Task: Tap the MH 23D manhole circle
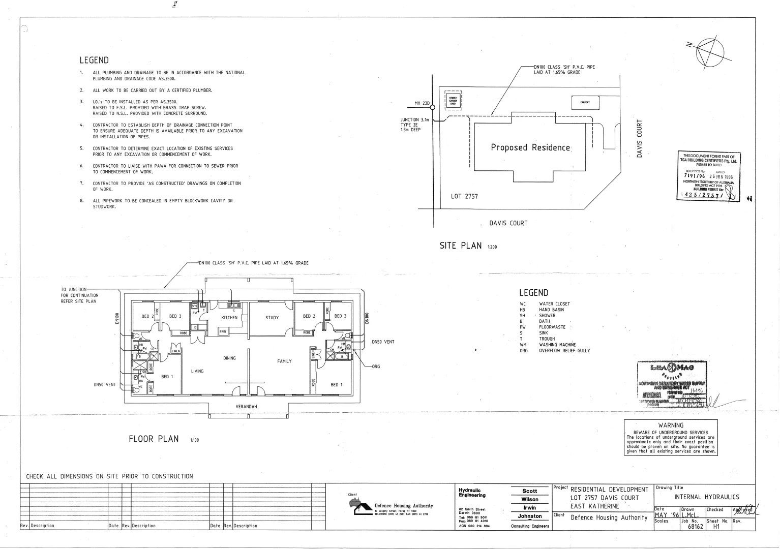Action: point(433,107)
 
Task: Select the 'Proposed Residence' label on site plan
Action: point(530,148)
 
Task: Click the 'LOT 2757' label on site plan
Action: point(464,196)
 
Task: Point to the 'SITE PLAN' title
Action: point(460,246)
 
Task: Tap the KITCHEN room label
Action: point(229,318)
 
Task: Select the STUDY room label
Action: point(272,318)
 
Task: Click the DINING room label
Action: point(229,358)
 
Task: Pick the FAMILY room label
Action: point(284,361)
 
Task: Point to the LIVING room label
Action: point(197,371)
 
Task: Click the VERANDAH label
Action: point(247,407)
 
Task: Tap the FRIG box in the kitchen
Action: point(222,331)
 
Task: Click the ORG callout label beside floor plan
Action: point(376,367)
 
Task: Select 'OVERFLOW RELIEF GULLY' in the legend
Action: point(564,351)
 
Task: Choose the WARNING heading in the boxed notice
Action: point(671,425)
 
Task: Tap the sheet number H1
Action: point(716,527)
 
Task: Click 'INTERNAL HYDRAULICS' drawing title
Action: point(707,497)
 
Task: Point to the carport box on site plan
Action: point(585,102)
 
